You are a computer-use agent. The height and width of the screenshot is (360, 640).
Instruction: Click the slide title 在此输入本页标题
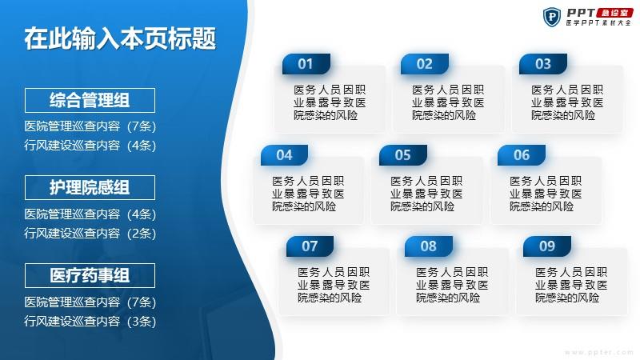120,38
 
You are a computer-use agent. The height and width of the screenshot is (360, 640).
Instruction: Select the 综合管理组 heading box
90,101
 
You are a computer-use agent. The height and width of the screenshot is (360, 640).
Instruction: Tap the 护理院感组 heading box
90,188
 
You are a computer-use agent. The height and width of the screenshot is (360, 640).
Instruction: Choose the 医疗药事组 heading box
90,275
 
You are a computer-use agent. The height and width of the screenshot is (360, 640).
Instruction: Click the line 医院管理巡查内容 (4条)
90,214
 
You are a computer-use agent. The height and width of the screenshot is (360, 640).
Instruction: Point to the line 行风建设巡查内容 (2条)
90,233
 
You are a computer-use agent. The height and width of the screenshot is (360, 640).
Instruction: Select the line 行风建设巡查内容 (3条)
90,322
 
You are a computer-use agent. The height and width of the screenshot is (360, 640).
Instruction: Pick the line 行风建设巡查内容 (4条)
90,146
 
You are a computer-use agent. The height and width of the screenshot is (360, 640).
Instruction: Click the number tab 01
306,64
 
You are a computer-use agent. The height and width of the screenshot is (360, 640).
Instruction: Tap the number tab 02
425,64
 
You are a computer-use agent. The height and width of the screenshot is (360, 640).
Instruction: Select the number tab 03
543,64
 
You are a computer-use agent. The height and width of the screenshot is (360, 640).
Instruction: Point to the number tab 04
285,155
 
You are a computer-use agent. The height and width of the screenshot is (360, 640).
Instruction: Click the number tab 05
403,155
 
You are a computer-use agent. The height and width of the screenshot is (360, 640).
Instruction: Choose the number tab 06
522,155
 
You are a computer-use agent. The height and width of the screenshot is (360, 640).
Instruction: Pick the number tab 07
310,246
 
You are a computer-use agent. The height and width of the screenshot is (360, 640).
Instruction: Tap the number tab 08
429,246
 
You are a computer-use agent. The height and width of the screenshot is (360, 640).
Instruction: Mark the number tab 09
547,246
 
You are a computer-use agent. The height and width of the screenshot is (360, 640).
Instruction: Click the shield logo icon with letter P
552,17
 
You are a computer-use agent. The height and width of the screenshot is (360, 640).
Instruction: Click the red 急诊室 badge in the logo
614,13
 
